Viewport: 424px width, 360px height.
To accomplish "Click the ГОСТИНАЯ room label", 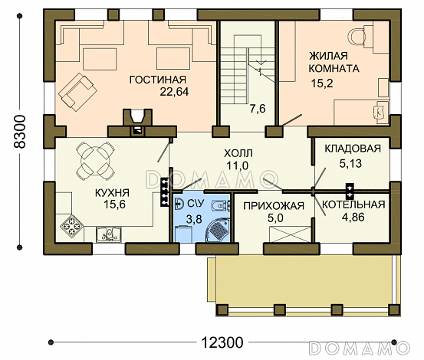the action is (x=158, y=80).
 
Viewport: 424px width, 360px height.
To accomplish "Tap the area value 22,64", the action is (x=174, y=92).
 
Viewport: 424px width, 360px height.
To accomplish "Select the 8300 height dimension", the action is (x=20, y=132).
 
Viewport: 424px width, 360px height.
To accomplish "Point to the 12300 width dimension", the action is (x=222, y=342).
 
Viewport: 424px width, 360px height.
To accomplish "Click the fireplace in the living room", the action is (x=138, y=122).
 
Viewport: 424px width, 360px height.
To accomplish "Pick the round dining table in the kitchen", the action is (x=95, y=162).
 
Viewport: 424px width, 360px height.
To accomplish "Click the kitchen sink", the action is (x=108, y=234).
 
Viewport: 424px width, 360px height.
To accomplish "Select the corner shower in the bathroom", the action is (x=218, y=230).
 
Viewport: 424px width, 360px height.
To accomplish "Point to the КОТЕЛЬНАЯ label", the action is (x=353, y=205).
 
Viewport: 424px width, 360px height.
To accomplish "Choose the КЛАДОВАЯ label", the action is (x=353, y=149).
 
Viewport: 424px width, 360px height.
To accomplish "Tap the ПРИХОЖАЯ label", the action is (x=274, y=206).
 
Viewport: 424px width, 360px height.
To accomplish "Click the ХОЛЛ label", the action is (x=238, y=153).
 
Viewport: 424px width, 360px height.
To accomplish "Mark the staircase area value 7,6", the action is (x=258, y=109).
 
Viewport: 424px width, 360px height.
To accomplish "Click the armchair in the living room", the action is (x=77, y=92).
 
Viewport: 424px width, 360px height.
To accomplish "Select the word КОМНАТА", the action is (x=334, y=69).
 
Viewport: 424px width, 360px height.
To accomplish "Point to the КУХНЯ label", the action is (x=112, y=193).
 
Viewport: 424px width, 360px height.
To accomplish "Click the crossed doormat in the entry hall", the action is (x=290, y=234).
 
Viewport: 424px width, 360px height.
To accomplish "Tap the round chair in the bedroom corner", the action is (x=357, y=37).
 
